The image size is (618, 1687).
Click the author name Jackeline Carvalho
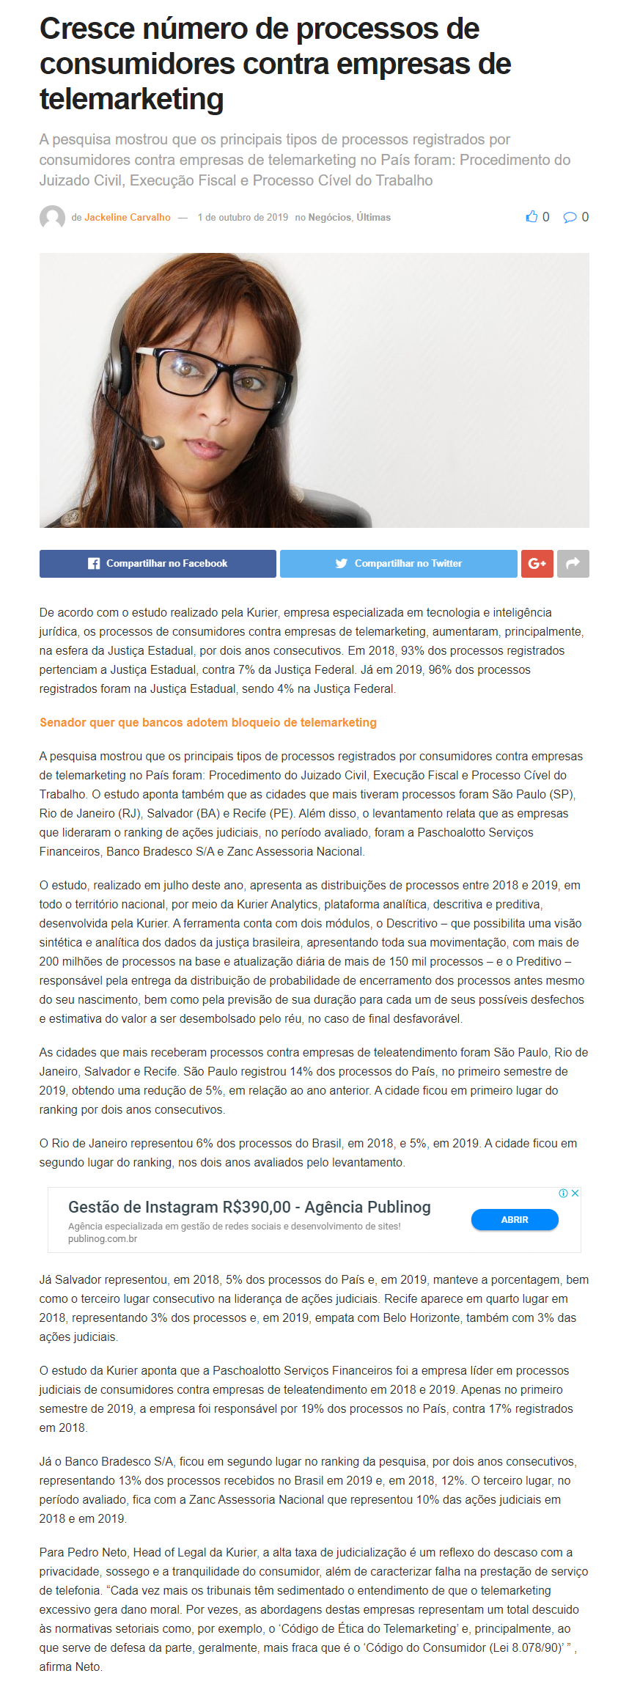tap(127, 218)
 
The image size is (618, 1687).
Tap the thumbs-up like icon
tap(531, 217)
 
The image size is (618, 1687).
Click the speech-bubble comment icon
tap(570, 217)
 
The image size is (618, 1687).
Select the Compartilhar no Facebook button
tap(158, 564)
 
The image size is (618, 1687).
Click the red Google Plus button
tap(537, 564)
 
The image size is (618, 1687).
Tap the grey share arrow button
tap(573, 564)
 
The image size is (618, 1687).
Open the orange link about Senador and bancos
tap(207, 723)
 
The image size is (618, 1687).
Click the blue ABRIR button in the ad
tap(514, 1220)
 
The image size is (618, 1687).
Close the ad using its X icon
tap(575, 1194)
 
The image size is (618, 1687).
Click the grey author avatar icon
tap(52, 218)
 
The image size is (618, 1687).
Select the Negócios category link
tap(329, 218)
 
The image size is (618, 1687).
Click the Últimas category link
tap(374, 218)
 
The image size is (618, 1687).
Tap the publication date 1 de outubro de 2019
tap(243, 218)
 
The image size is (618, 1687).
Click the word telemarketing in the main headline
tap(131, 99)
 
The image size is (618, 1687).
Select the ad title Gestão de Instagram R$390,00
tap(249, 1208)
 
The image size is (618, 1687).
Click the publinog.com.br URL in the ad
tap(103, 1239)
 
